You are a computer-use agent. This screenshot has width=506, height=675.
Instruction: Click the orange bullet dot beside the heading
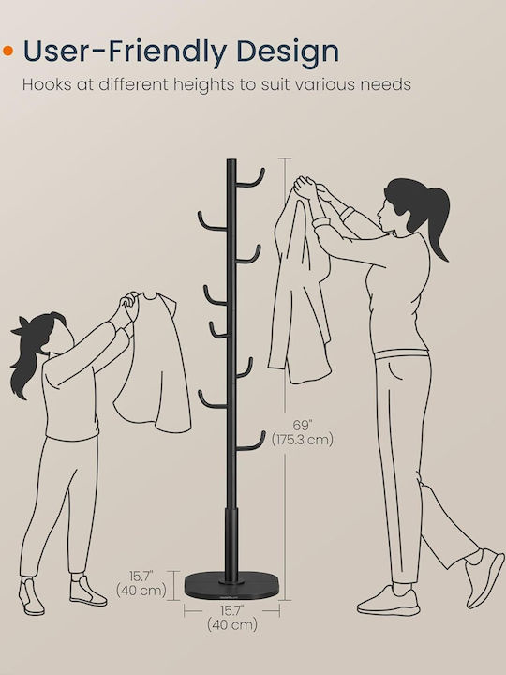[8, 51]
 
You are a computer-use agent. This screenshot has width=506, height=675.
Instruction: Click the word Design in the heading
[288, 52]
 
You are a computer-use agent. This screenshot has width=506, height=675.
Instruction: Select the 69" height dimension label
[303, 426]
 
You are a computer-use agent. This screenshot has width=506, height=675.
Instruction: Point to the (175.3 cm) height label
[303, 440]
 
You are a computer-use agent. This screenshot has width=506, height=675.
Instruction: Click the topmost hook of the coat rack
[250, 180]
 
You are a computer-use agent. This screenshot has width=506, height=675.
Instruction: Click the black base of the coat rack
[231, 585]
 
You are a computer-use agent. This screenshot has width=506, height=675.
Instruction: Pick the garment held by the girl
[153, 363]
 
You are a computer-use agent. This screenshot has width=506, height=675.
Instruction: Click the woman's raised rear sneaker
[485, 577]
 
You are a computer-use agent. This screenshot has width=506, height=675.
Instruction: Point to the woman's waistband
[401, 354]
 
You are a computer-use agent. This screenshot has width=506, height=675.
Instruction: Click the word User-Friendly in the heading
[125, 52]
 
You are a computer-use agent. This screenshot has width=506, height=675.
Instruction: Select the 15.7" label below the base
[232, 611]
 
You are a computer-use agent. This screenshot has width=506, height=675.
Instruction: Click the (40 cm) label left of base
[141, 591]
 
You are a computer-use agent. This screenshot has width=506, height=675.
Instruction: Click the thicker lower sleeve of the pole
[231, 545]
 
